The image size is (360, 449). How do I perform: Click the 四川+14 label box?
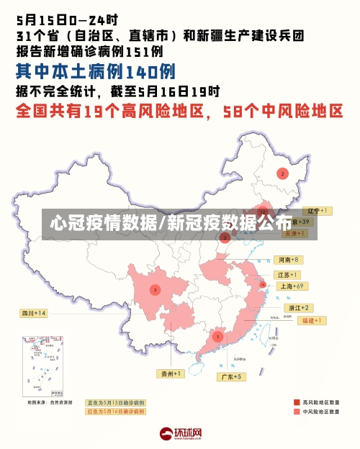(33, 313)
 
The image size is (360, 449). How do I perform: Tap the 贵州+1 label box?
(171, 373)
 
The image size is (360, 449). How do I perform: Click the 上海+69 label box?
(292, 286)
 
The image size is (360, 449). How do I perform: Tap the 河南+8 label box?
(287, 259)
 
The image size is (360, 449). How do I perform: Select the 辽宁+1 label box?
(316, 211)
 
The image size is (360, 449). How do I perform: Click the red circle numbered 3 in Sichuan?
(155, 290)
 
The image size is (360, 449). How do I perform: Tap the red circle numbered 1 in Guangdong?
(217, 336)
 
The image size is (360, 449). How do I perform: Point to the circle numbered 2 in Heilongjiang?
(282, 173)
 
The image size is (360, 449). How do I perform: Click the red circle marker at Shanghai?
(263, 286)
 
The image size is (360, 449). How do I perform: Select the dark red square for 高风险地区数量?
(297, 402)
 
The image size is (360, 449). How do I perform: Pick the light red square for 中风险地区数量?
(297, 412)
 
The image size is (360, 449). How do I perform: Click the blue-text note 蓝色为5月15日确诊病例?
(115, 403)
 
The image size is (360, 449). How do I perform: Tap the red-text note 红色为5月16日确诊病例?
(115, 412)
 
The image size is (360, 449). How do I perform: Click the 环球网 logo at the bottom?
(181, 434)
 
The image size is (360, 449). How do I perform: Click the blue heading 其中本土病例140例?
(95, 72)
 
